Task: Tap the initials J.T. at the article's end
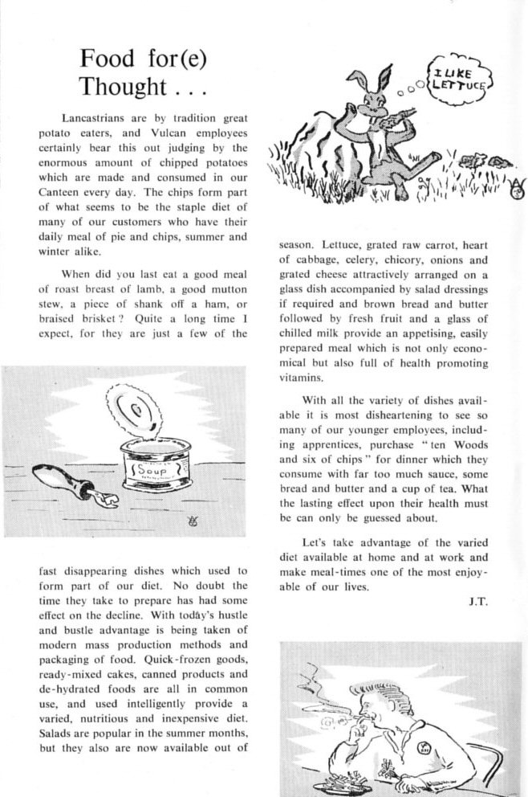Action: tap(478, 601)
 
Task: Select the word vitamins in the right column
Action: tap(302, 377)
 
